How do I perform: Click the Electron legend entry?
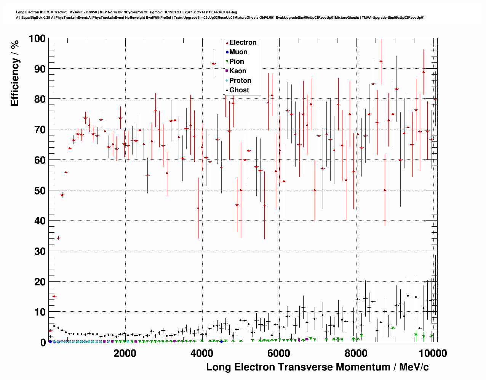point(243,42)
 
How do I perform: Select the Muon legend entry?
point(238,52)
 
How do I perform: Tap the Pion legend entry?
point(237,61)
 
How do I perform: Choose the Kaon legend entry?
point(238,71)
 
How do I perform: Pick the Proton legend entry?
point(240,81)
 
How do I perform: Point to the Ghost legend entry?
point(239,90)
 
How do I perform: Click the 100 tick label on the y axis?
point(37,39)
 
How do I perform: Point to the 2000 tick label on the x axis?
point(125,353)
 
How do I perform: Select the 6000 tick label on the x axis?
point(279,353)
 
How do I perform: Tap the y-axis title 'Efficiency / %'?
point(14,73)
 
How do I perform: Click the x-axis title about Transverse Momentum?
point(317,367)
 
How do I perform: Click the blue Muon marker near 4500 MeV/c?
point(221,341)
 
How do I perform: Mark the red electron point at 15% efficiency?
point(54,296)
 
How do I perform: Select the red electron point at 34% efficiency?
point(58,238)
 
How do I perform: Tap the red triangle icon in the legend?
point(227,43)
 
